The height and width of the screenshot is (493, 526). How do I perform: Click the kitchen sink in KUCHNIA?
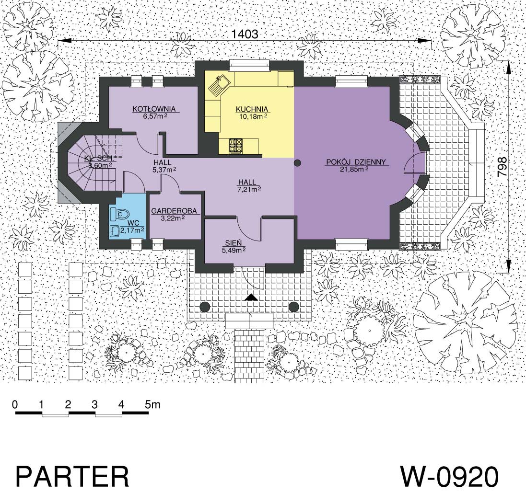[x=218, y=85]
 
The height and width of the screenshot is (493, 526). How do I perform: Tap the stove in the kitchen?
[x=236, y=146]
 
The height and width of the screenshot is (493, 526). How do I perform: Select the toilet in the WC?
[x=120, y=214]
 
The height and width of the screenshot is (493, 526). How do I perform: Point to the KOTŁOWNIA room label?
[x=154, y=109]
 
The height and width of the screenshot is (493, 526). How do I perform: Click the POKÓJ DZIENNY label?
[x=356, y=162]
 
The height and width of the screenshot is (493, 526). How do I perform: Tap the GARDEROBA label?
[x=174, y=211]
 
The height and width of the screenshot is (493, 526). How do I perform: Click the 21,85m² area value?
[x=354, y=170]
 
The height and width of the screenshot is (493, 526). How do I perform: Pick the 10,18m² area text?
[x=251, y=116]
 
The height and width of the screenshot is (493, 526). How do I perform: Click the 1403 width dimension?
[x=245, y=34]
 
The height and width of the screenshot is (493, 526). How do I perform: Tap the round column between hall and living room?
[x=297, y=163]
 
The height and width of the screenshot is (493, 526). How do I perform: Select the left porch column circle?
[x=205, y=306]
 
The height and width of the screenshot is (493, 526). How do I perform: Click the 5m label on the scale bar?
[x=153, y=404]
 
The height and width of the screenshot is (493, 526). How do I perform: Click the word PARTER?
[x=72, y=476]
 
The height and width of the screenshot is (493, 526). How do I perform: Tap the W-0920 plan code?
[x=449, y=476]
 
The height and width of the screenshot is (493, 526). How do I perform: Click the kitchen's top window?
[x=250, y=65]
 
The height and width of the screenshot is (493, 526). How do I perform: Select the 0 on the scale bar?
[x=15, y=404]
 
